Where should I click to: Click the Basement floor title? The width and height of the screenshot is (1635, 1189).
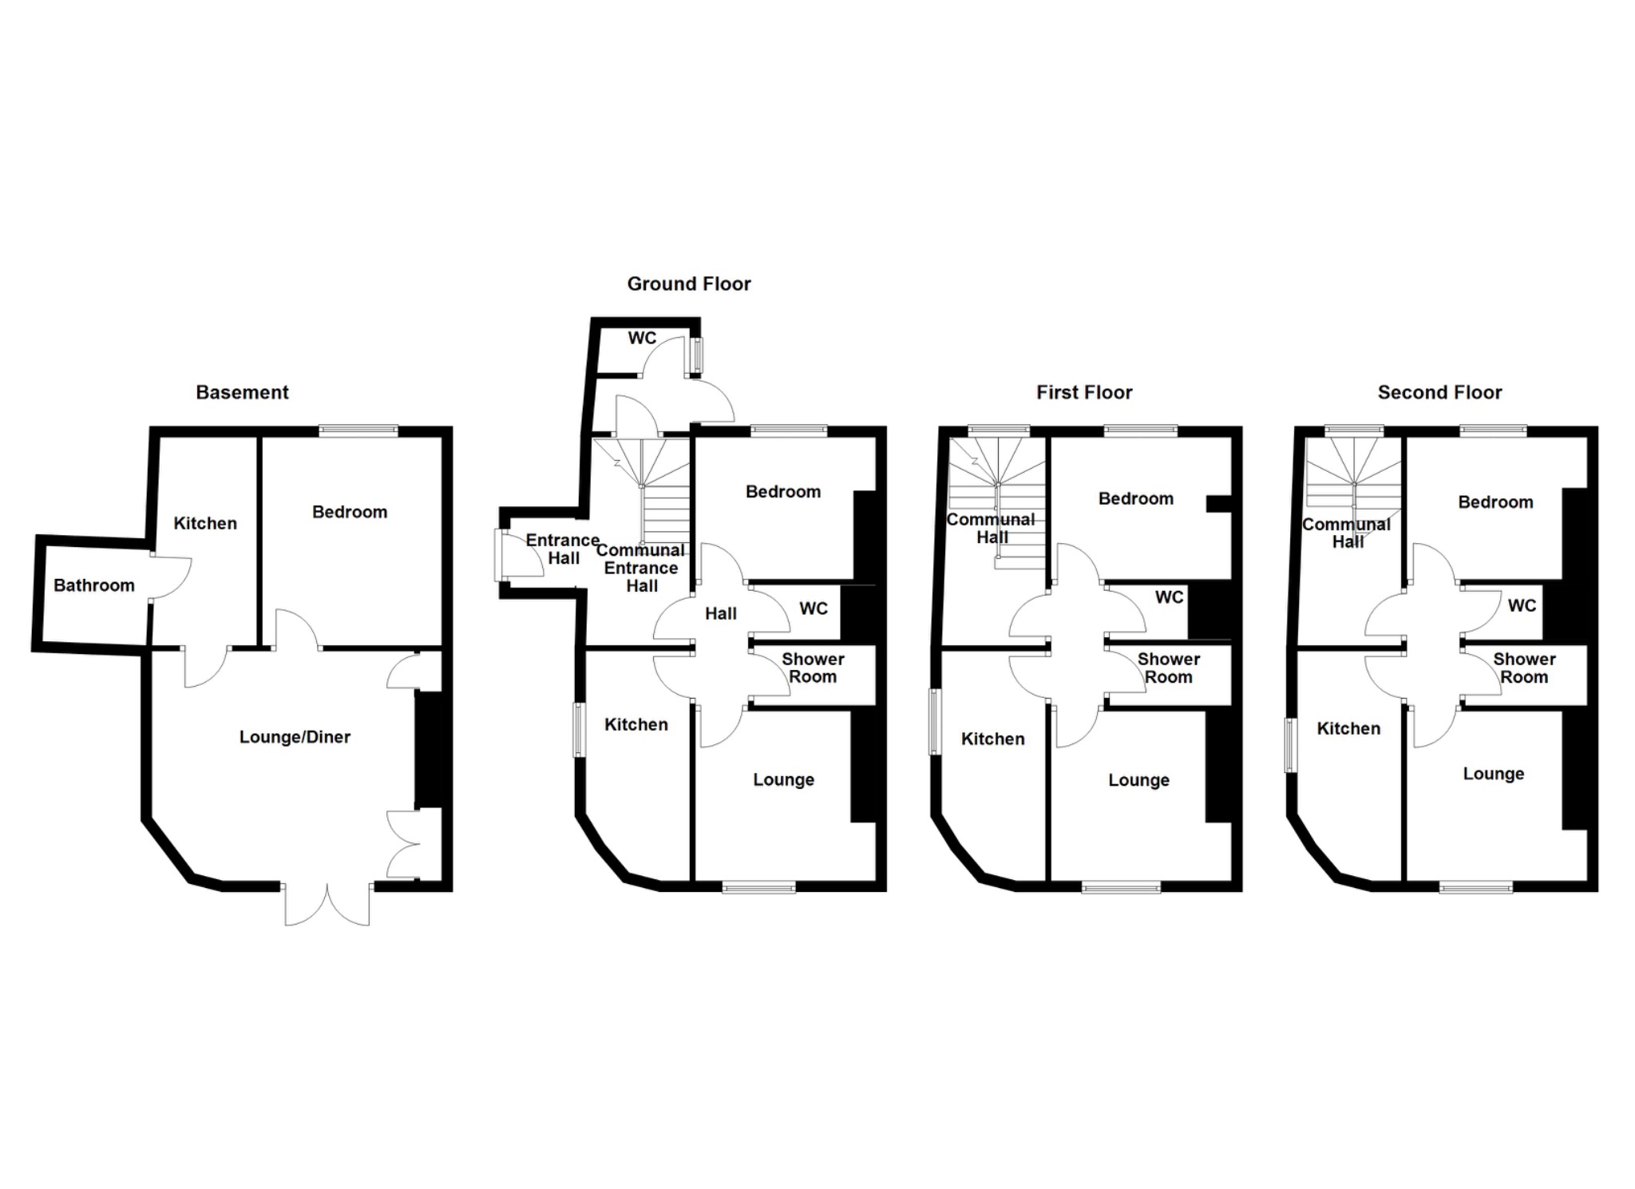tap(242, 392)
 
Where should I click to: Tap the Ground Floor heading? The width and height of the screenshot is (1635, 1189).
tap(688, 283)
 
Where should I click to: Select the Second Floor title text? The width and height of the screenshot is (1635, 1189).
tap(1439, 392)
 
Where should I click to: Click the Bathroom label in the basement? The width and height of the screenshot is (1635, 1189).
tap(93, 585)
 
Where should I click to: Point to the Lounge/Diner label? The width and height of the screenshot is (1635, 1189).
tap(295, 737)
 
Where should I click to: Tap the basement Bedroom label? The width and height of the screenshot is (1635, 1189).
tap(350, 512)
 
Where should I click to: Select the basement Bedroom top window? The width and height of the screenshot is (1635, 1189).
tap(358, 431)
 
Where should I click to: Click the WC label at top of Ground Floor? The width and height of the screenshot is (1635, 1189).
tap(642, 338)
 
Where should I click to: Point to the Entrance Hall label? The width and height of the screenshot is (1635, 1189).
tap(562, 549)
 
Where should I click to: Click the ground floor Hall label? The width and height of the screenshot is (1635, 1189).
tap(720, 613)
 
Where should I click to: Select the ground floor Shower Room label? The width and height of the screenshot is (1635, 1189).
tap(813, 668)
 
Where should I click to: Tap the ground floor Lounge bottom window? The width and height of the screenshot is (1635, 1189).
tap(758, 886)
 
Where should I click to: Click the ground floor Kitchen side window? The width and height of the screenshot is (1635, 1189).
tap(580, 729)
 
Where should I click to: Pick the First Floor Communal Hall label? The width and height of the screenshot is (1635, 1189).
tap(991, 528)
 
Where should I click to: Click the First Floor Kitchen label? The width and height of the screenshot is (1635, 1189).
tap(992, 739)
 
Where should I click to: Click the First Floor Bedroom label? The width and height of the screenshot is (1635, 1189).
tap(1135, 499)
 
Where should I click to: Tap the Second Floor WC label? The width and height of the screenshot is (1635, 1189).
tap(1522, 605)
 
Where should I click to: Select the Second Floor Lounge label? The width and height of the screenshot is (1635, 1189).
tap(1493, 774)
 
